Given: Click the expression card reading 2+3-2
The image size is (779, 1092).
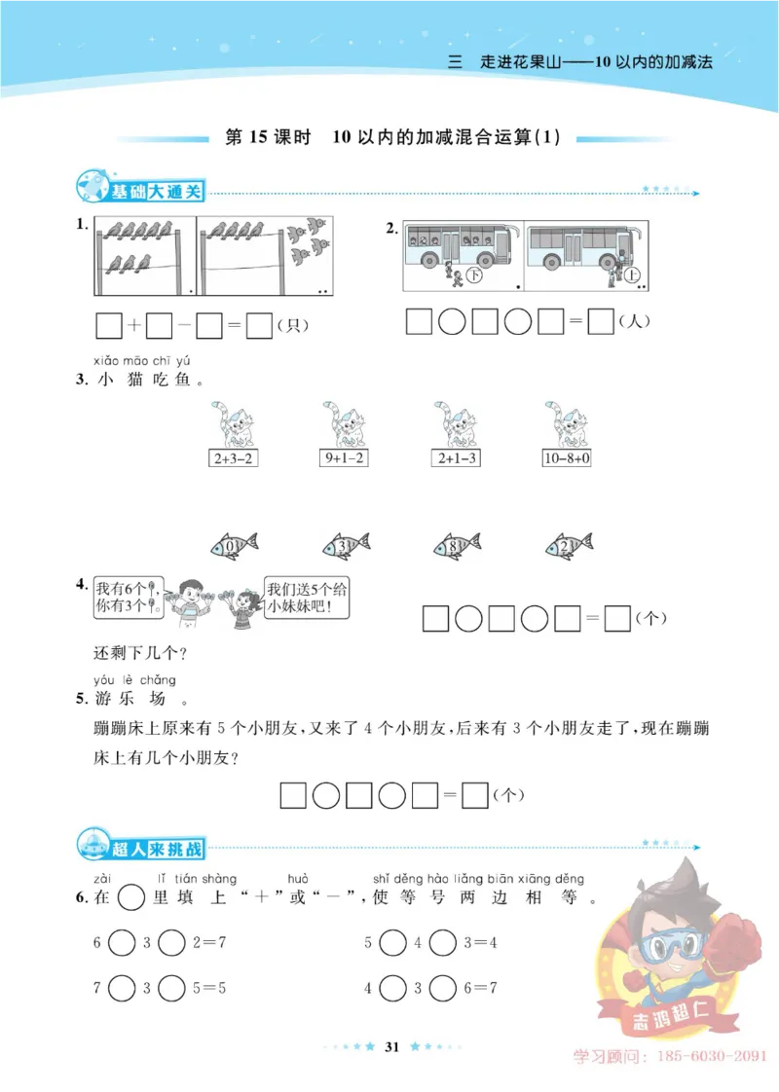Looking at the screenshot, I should [x=234, y=457].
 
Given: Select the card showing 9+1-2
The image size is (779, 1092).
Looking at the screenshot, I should [x=344, y=457].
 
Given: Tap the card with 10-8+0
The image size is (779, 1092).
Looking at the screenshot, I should [x=567, y=457].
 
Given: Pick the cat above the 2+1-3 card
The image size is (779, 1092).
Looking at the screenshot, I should [x=454, y=421].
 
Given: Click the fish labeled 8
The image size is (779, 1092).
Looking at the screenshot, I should [x=457, y=546].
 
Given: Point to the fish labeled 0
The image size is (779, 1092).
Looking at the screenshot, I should [x=234, y=546].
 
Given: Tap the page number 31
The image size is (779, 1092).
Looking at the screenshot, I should [x=393, y=1046].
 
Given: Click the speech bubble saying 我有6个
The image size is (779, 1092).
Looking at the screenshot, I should [x=128, y=597].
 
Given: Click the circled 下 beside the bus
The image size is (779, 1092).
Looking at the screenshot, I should [x=475, y=276].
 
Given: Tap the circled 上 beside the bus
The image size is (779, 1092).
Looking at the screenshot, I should [x=633, y=276].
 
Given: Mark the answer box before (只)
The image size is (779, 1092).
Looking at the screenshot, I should [x=259, y=325].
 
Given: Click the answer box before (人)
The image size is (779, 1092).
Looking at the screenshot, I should [x=602, y=321].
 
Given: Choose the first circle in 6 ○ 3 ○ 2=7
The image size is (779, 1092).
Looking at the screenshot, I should [x=122, y=942].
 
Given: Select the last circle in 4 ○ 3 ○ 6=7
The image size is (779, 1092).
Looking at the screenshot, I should [x=443, y=988].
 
